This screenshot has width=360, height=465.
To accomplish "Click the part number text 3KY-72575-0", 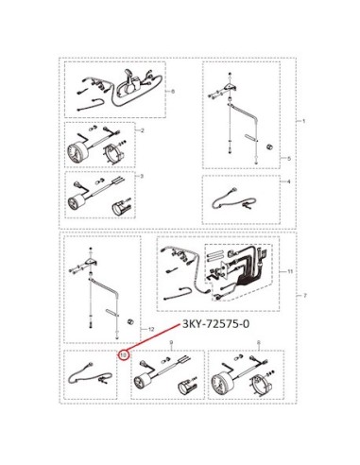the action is coord(215,323).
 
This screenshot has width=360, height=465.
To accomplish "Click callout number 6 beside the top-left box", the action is coord(173,92).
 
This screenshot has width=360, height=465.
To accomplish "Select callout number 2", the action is coord(142,130).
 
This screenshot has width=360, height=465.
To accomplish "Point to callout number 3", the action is coord(142,177).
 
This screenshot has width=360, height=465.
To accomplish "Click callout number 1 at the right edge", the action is coord(303,121).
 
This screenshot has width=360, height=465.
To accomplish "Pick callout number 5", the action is coord(289,159).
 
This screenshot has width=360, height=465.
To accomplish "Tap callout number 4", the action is coord(289,181).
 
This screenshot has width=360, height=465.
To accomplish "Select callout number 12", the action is coord(151,330).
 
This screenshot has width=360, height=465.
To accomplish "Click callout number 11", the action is coord(290,271).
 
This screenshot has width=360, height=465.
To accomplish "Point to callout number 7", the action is coord(305,296).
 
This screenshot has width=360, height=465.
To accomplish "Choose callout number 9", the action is coord(172,342).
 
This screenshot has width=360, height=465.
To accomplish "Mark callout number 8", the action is coord(259,342).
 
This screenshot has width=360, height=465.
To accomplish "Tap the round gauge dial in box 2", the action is coord(76,151).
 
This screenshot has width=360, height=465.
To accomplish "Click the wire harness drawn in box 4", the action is coord(233,199).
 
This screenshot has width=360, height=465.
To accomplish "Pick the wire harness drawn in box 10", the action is coord(90,374).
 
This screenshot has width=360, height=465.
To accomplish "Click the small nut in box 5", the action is coord(268,146).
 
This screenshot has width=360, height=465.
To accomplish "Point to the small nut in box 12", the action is coord(129,321).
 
